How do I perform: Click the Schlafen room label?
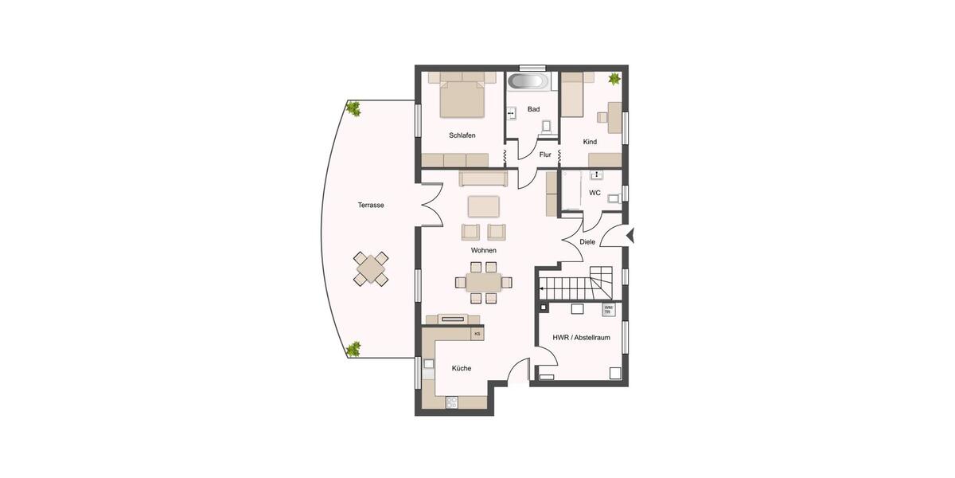[x=462, y=135]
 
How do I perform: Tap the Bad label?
[x=533, y=109]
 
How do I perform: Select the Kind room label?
[x=590, y=142]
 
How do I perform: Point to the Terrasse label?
[x=371, y=205]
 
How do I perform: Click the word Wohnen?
[x=483, y=250]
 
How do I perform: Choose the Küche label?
[x=462, y=368]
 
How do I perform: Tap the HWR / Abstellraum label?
[x=582, y=337]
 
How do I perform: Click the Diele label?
[x=587, y=241]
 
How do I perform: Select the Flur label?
[x=545, y=155]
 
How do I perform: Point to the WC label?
[x=594, y=193]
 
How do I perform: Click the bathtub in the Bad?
[x=528, y=82]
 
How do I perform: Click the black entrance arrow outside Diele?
[x=630, y=235]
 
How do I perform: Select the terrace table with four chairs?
[x=371, y=269]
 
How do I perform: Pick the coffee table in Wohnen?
[x=483, y=206]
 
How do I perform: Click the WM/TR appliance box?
[x=609, y=309]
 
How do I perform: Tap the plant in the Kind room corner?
[x=614, y=79]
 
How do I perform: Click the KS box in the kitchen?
[x=477, y=334]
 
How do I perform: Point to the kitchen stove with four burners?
[x=452, y=402]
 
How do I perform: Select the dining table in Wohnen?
[x=483, y=282]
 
